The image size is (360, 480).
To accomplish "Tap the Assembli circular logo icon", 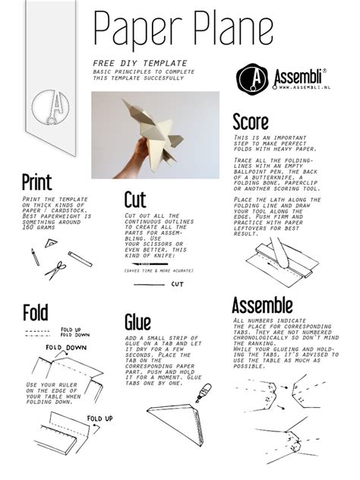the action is click(x=251, y=78).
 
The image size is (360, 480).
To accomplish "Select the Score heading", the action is click(x=250, y=122).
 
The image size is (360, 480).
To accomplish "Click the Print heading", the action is click(x=36, y=182).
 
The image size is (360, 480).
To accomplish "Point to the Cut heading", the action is click(x=134, y=201).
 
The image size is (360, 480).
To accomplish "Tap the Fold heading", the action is click(x=36, y=312).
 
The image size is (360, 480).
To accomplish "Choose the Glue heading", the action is click(x=137, y=322).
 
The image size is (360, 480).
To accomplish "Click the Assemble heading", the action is click(x=262, y=306).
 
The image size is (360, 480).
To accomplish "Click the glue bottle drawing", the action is click(x=202, y=393).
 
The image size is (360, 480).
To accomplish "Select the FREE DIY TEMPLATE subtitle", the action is click(x=129, y=63).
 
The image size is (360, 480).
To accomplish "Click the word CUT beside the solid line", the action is click(x=177, y=284).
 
